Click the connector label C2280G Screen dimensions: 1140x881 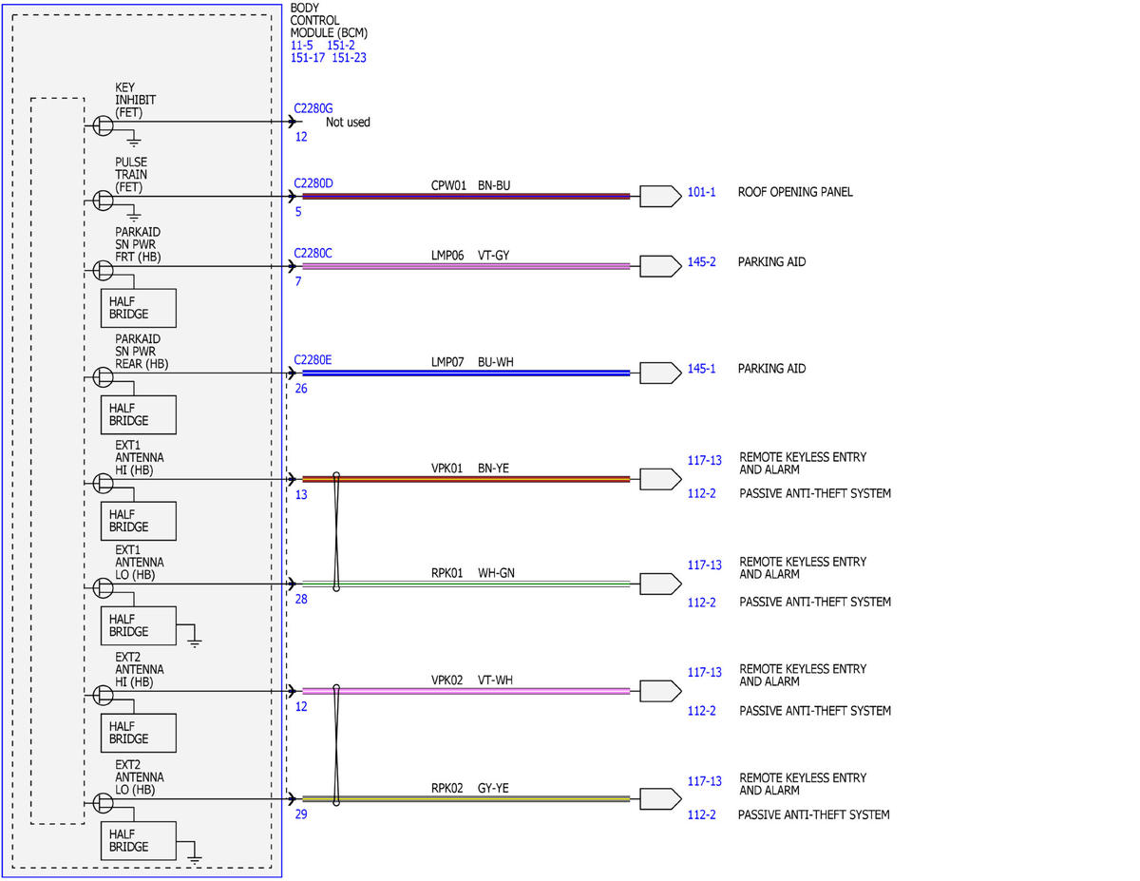pos(313,108)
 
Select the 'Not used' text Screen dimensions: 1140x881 pos(348,123)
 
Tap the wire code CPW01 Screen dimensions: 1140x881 pos(448,185)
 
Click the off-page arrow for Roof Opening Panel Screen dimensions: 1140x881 pos(660,196)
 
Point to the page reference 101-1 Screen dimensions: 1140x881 pos(701,192)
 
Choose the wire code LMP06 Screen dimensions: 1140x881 pos(447,256)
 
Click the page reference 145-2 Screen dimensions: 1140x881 pos(701,262)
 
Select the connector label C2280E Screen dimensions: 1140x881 pos(313,360)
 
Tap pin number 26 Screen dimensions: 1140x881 pos(301,389)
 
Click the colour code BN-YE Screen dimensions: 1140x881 pos(493,468)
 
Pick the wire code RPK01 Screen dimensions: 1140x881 pos(447,573)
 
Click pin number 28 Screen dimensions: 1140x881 pos(301,600)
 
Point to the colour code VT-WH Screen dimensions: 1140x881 pos(495,680)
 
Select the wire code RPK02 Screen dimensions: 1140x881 pos(447,788)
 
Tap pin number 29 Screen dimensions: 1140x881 pos(301,814)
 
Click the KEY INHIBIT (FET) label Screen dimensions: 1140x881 pos(135,100)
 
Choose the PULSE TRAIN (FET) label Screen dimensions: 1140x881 pos(131,175)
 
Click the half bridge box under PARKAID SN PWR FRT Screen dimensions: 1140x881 pos(139,308)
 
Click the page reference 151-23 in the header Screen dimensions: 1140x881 pos(349,58)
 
